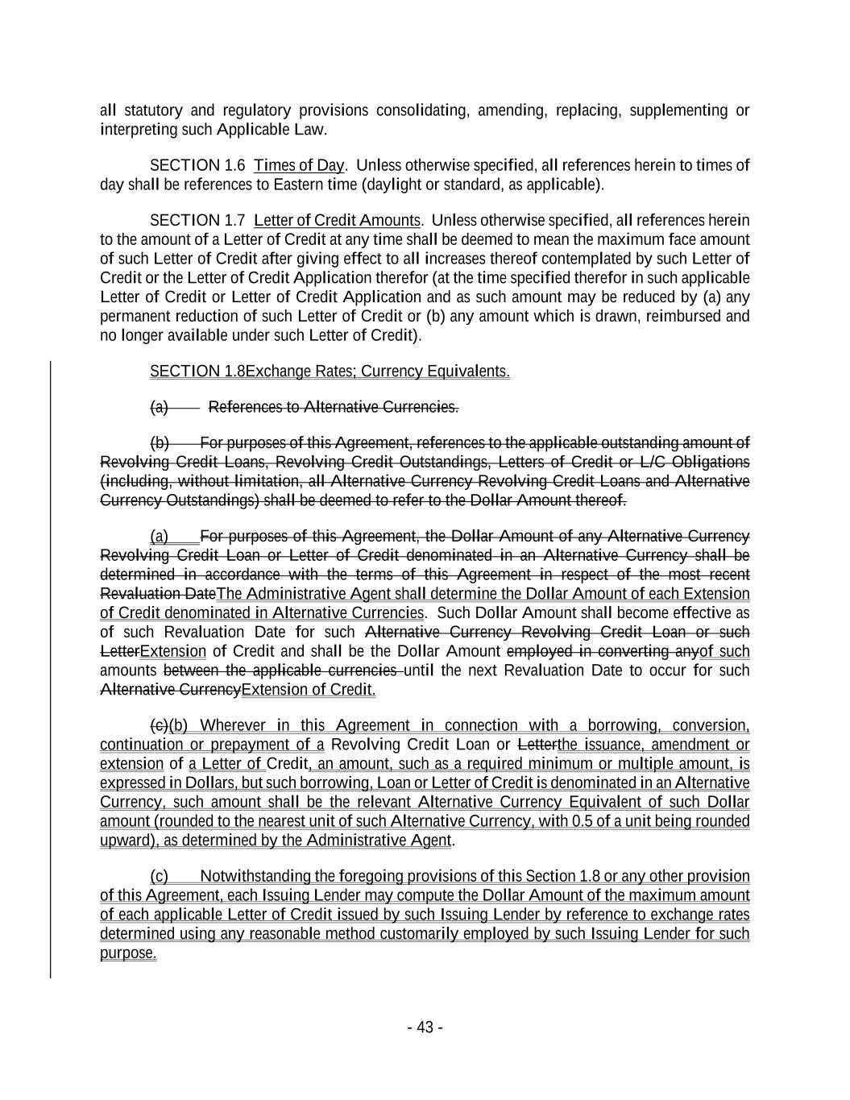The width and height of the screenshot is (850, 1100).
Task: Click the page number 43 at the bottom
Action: coord(425,1027)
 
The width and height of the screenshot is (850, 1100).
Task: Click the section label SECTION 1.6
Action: coord(197,166)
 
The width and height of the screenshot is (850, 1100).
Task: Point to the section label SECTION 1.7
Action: coord(197,221)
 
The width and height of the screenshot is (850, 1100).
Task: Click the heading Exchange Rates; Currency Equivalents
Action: coord(377,372)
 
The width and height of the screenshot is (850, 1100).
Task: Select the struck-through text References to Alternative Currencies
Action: coord(334,407)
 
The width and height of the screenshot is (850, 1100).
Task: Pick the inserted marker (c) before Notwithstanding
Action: coord(159,877)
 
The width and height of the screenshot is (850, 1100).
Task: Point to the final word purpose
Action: coord(128,953)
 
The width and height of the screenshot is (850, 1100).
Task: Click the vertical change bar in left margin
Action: coord(51,669)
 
